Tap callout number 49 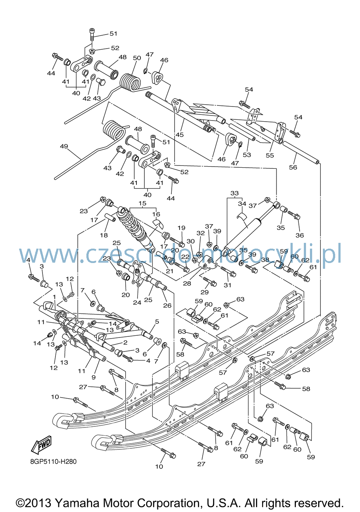pyautogui.click(x=64, y=146)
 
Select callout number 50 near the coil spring pyautogui.click(x=137, y=58)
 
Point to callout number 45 pyautogui.click(x=180, y=135)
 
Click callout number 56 pyautogui.click(x=293, y=167)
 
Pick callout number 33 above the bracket pyautogui.click(x=234, y=193)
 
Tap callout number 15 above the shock pyautogui.click(x=142, y=203)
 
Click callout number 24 pyautogui.click(x=137, y=302)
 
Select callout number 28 pyautogui.click(x=187, y=284)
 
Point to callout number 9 pyautogui.click(x=93, y=377)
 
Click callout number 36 pyautogui.click(x=300, y=235)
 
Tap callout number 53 pyautogui.click(x=247, y=155)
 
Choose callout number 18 pyautogui.click(x=104, y=235)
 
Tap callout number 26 pyautogui.click(x=167, y=305)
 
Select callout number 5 pyautogui.click(x=157, y=322)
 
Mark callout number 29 pyautogui.click(x=205, y=292)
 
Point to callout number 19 pyautogui.click(x=181, y=228)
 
